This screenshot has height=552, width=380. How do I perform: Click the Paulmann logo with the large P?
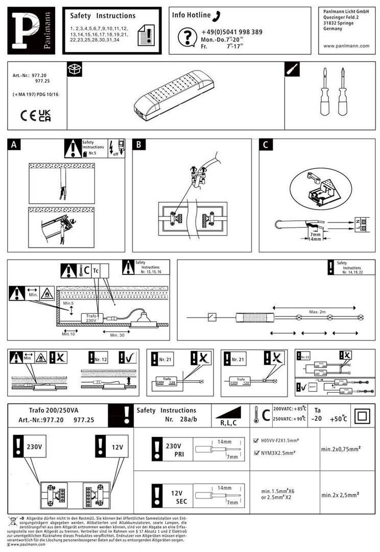click(31, 31)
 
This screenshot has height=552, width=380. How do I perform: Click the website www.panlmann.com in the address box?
click(346, 45)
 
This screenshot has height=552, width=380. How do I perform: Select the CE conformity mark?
click(28, 114)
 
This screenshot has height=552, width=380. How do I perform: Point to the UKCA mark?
click(45, 115)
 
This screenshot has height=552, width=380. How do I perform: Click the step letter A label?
click(14, 145)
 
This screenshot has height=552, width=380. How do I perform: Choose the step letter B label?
click(138, 145)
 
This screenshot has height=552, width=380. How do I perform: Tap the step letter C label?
click(265, 145)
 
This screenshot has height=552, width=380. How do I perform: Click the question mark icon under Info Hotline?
click(187, 36)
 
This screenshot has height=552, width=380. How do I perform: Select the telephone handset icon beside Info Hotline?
click(217, 15)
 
